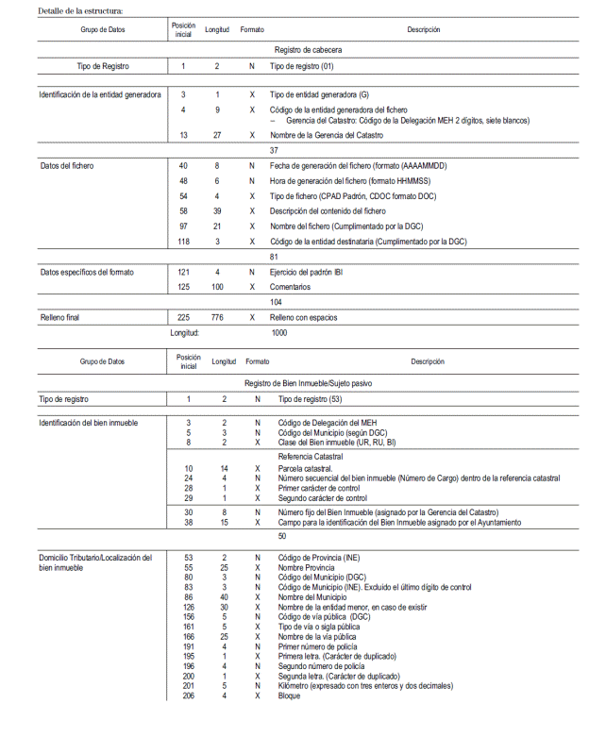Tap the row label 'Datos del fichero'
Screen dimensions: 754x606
pos(67,166)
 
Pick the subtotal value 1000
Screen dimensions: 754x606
pos(279,332)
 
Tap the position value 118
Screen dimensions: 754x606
pos(183,242)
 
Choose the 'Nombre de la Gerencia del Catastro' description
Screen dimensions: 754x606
pos(327,135)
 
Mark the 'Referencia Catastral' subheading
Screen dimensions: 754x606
pos(312,456)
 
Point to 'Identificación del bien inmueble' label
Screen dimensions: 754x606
pos(88,423)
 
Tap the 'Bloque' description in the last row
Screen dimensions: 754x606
pos(289,696)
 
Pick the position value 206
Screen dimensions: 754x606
pos(189,696)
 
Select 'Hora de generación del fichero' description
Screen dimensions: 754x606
pos(345,180)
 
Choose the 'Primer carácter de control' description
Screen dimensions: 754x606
pos(321,488)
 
